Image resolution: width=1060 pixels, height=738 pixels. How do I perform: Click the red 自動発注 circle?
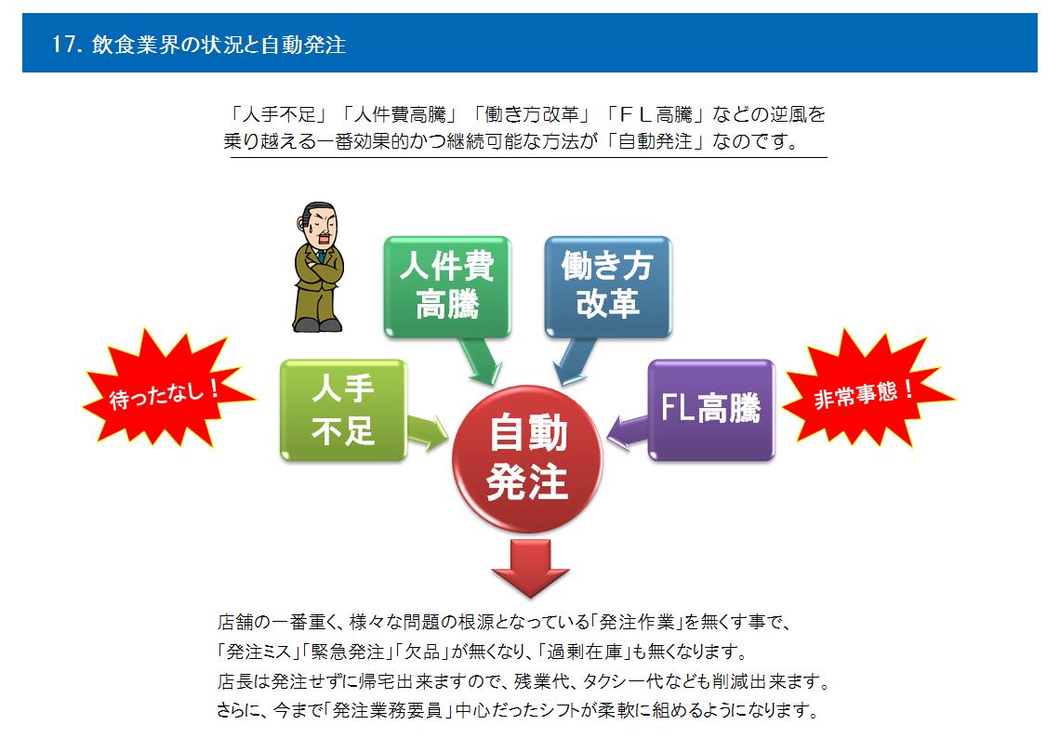[x=526, y=459]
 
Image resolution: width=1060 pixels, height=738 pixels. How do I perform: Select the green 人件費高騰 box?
[x=447, y=286]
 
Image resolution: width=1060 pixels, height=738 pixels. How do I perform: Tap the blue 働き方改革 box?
[x=608, y=286]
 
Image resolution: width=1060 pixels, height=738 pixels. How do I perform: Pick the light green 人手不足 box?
[x=343, y=410]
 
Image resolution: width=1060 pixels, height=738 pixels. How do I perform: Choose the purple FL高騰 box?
[x=711, y=410]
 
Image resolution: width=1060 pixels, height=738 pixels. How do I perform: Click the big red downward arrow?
[x=530, y=568]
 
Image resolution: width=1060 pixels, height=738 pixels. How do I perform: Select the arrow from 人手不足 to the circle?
[x=427, y=432]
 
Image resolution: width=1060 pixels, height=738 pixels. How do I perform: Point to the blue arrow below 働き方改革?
[x=574, y=361]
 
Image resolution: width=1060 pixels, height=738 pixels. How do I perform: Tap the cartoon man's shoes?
[x=318, y=324]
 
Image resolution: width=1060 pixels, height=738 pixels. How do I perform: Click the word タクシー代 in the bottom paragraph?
[x=626, y=681]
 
